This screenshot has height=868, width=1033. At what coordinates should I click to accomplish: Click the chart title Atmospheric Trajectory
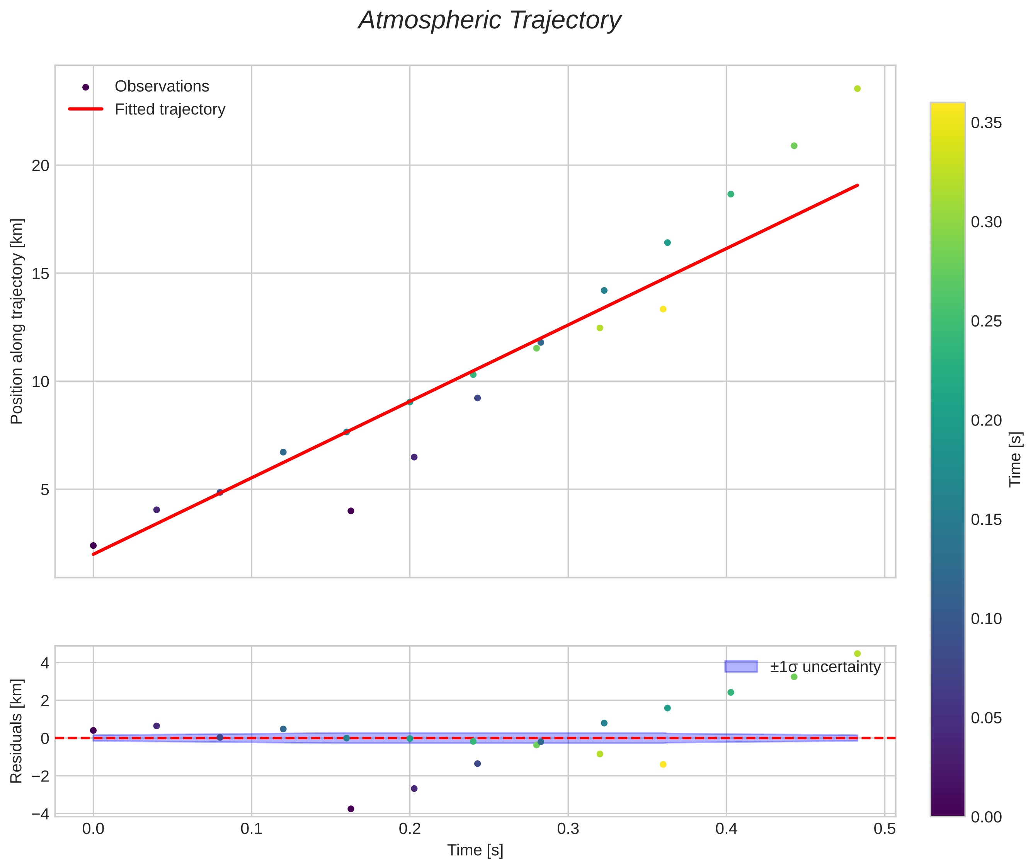point(490,20)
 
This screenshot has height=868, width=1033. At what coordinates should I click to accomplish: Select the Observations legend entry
point(162,87)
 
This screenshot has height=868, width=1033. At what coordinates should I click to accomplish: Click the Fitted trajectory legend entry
point(170,109)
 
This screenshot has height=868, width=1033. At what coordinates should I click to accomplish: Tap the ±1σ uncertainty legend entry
point(825,667)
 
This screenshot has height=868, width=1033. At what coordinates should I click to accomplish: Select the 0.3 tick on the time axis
point(568,829)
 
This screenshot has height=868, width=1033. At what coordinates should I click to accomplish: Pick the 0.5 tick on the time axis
point(884,829)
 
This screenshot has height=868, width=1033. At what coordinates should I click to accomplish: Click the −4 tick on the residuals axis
point(40,814)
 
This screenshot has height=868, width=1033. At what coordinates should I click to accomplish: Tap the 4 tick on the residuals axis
point(45,663)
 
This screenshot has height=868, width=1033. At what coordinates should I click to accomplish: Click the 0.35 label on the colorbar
point(986,123)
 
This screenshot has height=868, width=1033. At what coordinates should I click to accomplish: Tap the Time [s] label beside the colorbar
point(1016,460)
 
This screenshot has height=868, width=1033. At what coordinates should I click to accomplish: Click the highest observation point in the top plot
point(857,89)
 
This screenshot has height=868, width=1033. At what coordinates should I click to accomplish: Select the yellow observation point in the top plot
point(663,309)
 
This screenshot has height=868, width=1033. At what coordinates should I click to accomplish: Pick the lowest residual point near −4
point(351,809)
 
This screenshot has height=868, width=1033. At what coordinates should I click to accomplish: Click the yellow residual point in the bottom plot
point(663,764)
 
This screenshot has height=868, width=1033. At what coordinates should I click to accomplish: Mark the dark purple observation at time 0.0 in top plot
point(94,545)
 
